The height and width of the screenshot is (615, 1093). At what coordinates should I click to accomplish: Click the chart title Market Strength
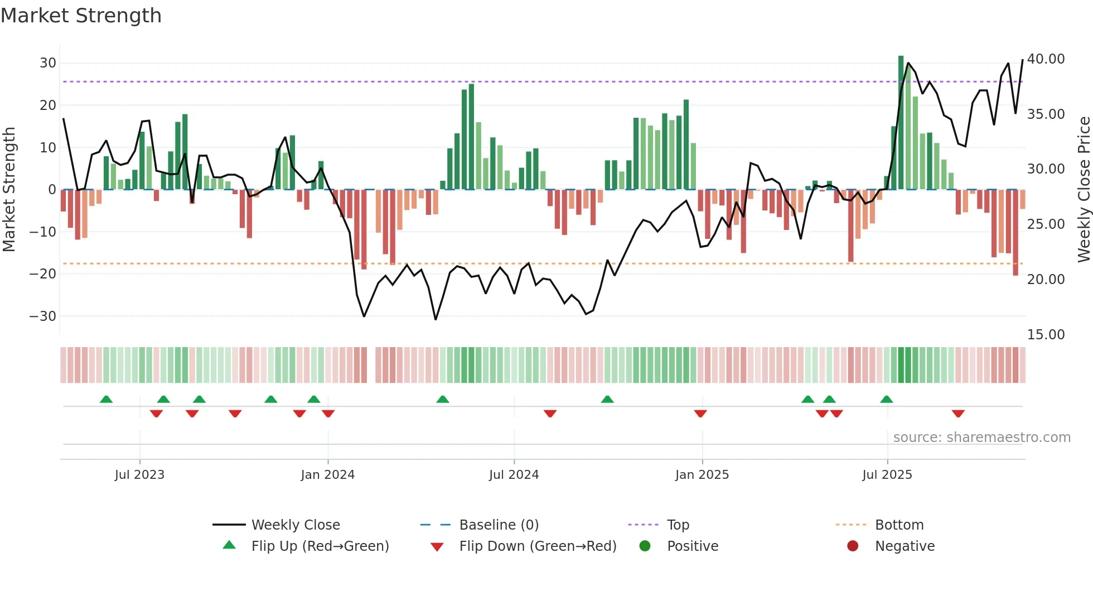click(x=81, y=16)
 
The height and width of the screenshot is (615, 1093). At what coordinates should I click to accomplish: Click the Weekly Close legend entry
click(x=295, y=525)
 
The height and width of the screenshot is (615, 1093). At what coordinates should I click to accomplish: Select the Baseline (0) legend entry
click(x=499, y=525)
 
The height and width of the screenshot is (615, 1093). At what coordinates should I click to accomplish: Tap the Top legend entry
click(x=678, y=525)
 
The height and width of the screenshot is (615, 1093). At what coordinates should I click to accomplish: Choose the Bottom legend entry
click(x=899, y=525)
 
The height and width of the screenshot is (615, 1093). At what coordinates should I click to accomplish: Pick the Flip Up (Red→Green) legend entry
click(x=320, y=546)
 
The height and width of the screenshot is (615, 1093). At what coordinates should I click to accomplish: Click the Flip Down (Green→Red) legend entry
click(x=538, y=546)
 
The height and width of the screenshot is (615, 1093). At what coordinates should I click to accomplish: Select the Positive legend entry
click(x=692, y=546)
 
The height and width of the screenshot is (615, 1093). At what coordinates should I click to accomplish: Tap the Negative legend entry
click(x=905, y=546)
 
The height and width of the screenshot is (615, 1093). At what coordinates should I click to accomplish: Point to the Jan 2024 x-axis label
click(x=327, y=474)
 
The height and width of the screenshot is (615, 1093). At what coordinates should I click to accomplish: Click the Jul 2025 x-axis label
click(x=887, y=474)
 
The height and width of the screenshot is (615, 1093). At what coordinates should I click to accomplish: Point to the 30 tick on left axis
click(x=48, y=63)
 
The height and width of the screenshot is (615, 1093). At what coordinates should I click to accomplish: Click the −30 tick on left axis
click(x=43, y=316)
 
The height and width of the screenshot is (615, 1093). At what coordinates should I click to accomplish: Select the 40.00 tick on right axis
click(x=1046, y=59)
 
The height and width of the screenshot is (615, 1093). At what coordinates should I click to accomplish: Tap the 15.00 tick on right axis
click(x=1046, y=334)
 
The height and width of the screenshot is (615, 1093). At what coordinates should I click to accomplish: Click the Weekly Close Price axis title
click(x=1084, y=190)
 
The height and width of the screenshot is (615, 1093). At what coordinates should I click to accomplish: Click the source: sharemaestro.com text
click(x=981, y=437)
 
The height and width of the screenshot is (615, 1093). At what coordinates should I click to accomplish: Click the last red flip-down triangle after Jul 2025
click(x=958, y=414)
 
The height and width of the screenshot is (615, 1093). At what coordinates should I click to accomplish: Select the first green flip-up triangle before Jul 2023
click(x=106, y=399)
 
